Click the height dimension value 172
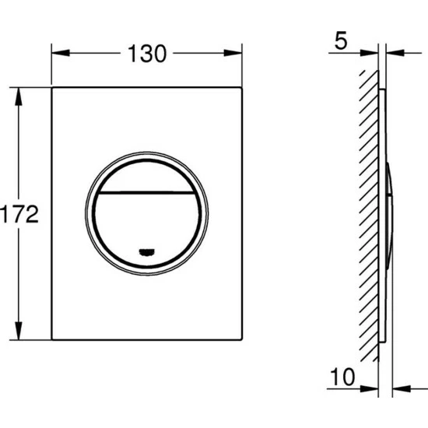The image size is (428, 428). click(x=19, y=214)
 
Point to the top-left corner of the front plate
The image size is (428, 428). click(x=52, y=88)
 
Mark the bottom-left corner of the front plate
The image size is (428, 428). click(x=52, y=340)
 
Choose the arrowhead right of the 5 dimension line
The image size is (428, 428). click(x=391, y=54)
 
